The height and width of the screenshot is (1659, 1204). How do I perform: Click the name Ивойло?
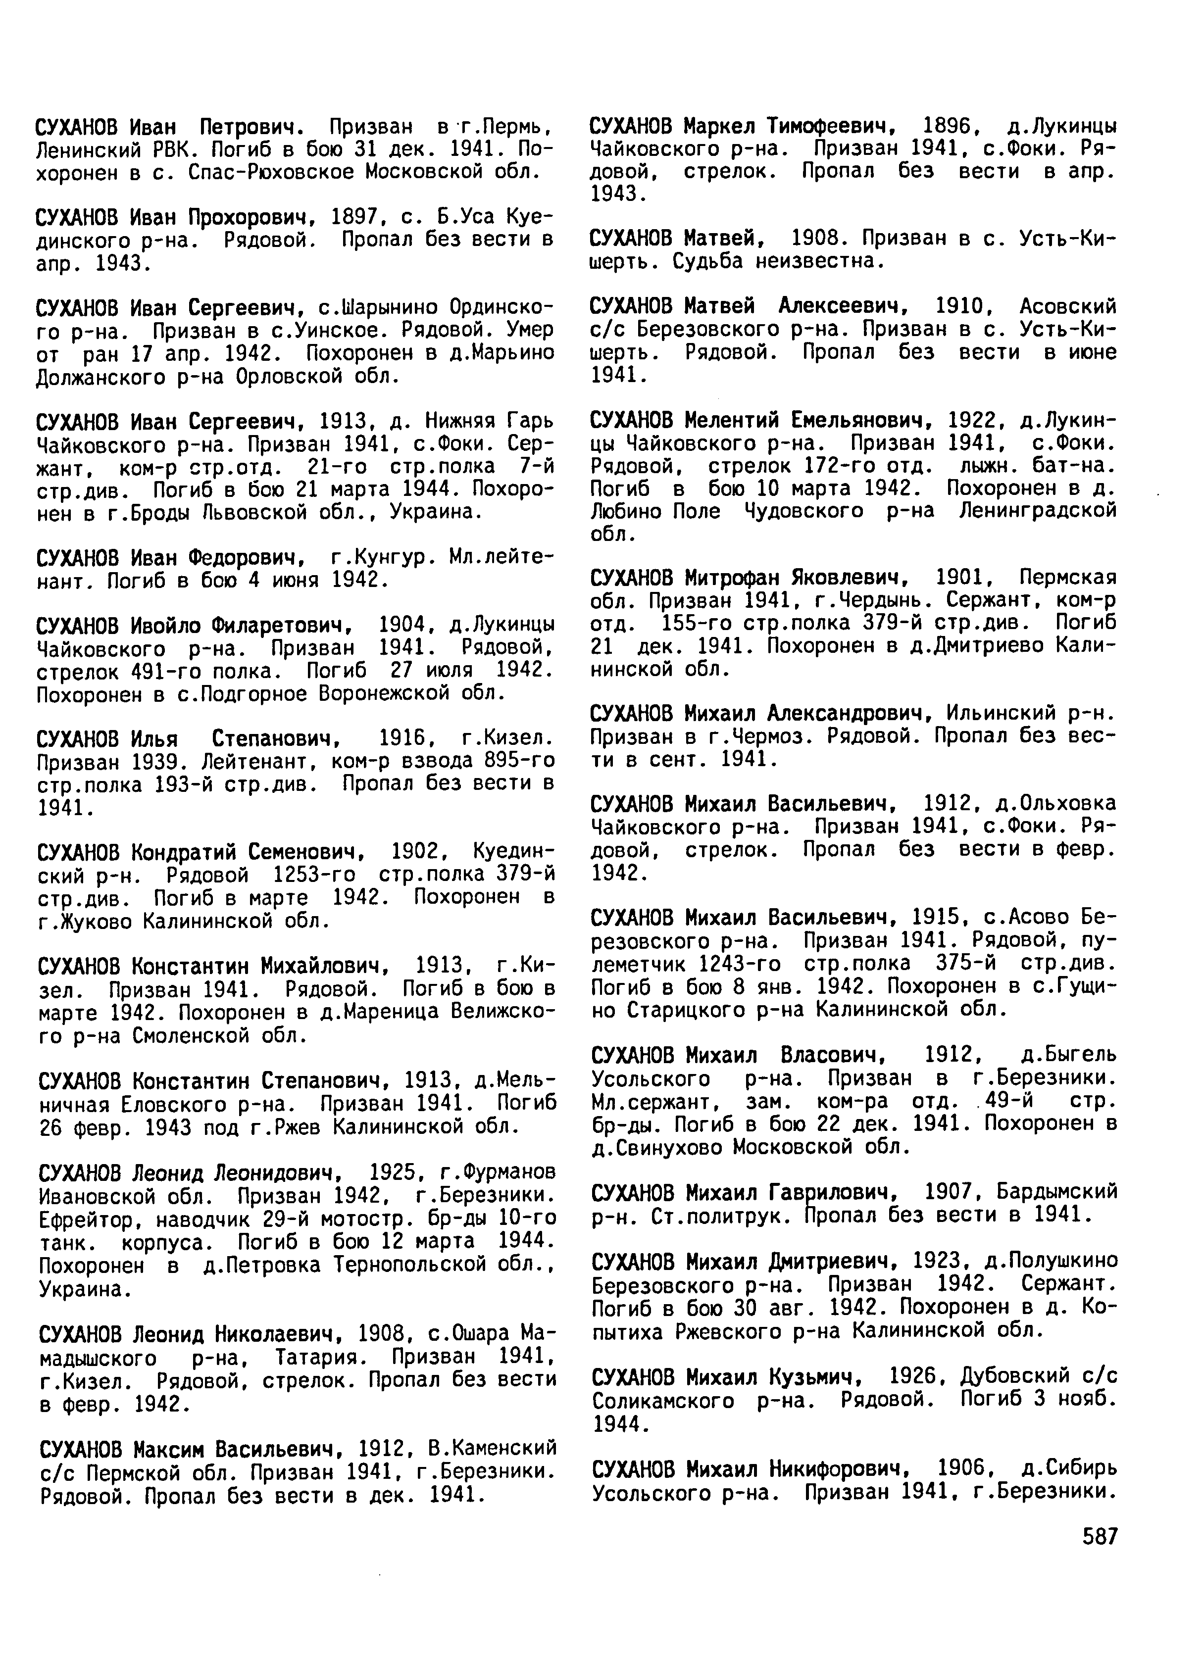pyautogui.click(x=164, y=626)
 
